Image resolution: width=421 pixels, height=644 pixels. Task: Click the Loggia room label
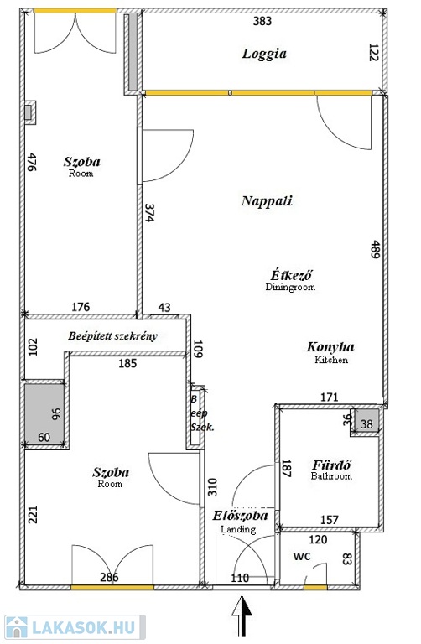pos(264,54)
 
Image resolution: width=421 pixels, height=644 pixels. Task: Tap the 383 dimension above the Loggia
pos(262,20)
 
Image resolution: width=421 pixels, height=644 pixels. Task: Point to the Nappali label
pos(267,201)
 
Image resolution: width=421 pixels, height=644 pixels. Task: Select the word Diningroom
pos(290,287)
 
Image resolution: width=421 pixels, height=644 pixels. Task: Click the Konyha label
pos(330,347)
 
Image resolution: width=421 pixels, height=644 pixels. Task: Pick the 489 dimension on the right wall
pos(374,249)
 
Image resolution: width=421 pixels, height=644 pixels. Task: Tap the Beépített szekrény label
pos(112,336)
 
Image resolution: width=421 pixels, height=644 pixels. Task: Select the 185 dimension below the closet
pos(127,363)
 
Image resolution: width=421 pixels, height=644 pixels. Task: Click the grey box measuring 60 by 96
pos(44,413)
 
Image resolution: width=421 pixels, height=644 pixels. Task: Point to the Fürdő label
pos(331,465)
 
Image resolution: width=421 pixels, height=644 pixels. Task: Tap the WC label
pos(302,557)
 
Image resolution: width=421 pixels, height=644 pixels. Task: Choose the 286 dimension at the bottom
pos(109,578)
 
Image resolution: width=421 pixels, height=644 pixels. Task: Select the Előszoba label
pos(241,516)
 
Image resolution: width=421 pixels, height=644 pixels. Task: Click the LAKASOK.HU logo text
pos(83,627)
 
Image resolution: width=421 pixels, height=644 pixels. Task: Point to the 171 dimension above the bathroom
pos(330,397)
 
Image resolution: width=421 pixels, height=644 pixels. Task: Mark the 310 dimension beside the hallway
pos(212,487)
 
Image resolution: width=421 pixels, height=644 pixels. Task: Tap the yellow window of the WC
pos(315,588)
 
